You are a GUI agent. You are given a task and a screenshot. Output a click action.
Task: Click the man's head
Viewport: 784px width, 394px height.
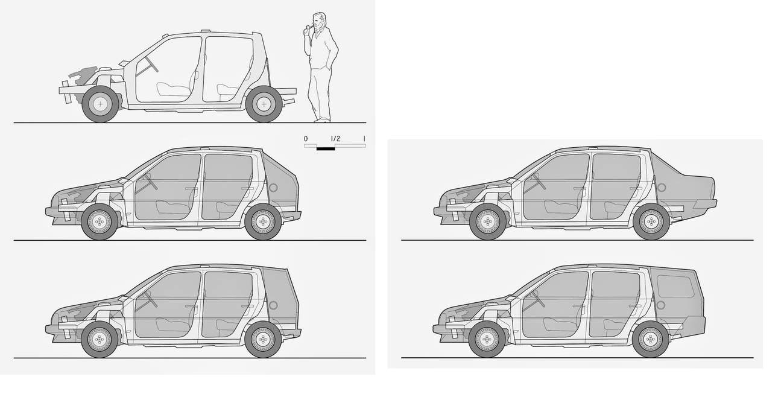click(x=319, y=21)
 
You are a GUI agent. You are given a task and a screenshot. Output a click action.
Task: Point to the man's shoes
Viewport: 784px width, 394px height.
click(x=323, y=121)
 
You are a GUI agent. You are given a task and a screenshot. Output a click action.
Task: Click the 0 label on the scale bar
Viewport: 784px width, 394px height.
click(x=306, y=139)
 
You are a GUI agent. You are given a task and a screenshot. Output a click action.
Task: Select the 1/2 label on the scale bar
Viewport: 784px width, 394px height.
click(x=335, y=139)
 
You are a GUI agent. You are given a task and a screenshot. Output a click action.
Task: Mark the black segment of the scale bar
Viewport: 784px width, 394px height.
click(x=326, y=149)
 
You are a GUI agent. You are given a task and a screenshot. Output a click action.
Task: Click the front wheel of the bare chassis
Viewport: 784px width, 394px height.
click(x=101, y=104)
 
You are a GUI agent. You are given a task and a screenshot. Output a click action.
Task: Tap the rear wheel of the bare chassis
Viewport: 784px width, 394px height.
click(x=264, y=104)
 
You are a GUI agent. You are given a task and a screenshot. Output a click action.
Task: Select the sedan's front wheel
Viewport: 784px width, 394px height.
click(x=487, y=221)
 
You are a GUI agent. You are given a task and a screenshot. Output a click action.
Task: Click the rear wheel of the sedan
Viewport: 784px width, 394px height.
click(x=651, y=221)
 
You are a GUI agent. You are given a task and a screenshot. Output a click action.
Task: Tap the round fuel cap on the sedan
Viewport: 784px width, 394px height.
click(x=662, y=188)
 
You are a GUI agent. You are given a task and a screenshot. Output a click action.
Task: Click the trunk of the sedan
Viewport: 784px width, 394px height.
click(x=686, y=189)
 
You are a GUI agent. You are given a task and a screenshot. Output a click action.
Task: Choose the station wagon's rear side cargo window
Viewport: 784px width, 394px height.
click(x=675, y=286)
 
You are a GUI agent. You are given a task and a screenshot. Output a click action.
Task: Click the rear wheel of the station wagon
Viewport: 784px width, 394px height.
click(x=651, y=339)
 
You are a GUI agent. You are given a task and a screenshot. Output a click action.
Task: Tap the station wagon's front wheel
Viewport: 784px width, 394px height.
click(x=487, y=339)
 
